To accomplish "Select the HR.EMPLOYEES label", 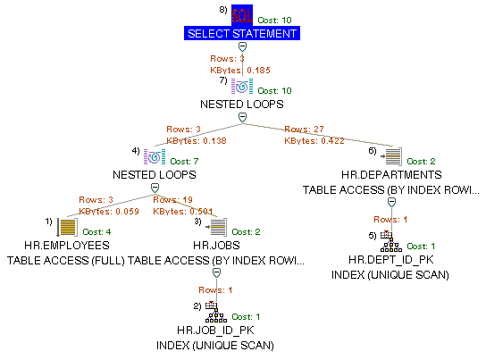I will (x=68, y=245).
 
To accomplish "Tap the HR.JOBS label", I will (x=214, y=245).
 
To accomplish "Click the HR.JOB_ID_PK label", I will (x=214, y=331).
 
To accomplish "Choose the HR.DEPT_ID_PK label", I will (x=391, y=259).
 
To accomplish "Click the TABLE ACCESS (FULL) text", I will (x=66, y=260).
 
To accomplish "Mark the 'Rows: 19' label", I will (x=170, y=200).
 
